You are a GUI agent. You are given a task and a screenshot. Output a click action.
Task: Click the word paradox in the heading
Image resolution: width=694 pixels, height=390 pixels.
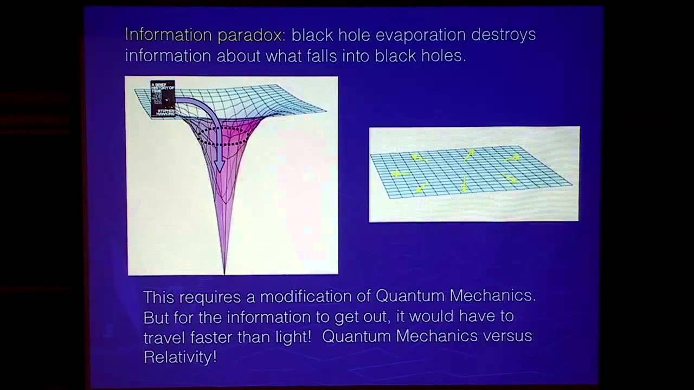click(x=249, y=35)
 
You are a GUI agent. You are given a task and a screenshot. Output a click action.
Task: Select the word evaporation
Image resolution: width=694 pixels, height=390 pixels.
click(x=420, y=35)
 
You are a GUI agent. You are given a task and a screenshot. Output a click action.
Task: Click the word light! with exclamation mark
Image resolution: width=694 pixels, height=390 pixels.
click(x=290, y=336)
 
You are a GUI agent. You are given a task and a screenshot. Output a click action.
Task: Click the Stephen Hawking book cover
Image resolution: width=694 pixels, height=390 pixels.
click(x=163, y=99)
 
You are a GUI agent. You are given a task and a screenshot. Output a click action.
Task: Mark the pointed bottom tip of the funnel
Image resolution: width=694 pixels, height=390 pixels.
click(x=224, y=271)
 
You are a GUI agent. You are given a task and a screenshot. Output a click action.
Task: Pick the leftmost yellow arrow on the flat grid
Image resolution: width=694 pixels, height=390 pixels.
click(x=399, y=174)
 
